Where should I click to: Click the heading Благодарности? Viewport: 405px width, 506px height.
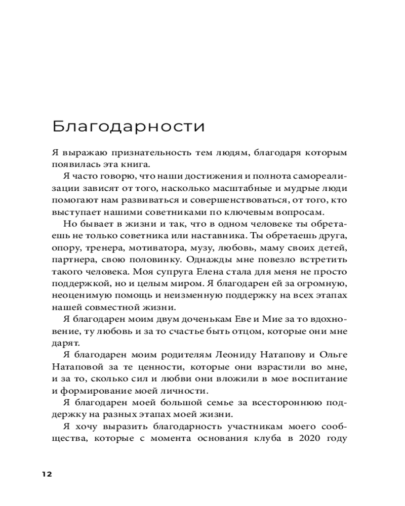(129, 126)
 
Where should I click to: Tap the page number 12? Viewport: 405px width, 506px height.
(47, 474)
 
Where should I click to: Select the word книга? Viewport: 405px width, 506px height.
(136, 164)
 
